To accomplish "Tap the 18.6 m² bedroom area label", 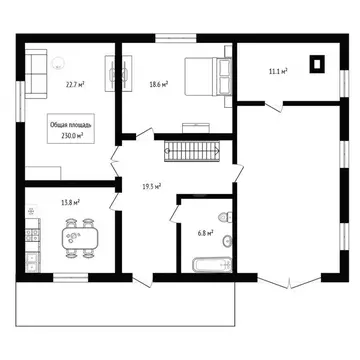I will tap(158, 85).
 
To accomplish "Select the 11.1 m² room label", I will tap(278, 71).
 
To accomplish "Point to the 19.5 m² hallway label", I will tap(153, 184).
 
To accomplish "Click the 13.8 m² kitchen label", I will tap(70, 202).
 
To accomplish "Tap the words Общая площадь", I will tap(72, 125).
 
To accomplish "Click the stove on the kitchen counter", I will tap(32, 237).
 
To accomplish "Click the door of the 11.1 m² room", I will tap(270, 102).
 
